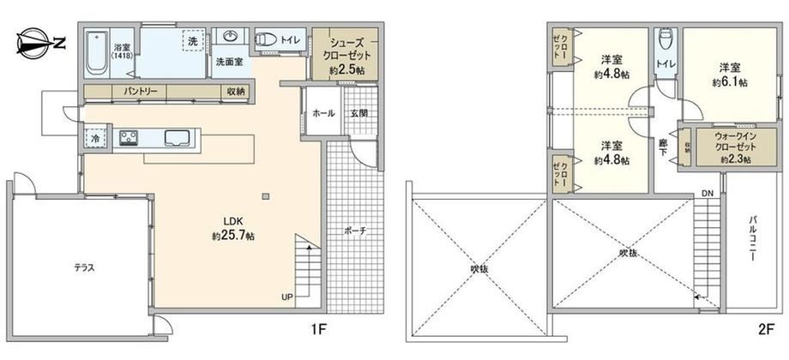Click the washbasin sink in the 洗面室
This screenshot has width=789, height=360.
point(231,36)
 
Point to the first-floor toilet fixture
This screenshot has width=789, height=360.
point(266,39)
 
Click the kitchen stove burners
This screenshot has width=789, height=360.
point(129,138)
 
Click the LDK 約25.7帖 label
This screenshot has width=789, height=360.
point(233,229)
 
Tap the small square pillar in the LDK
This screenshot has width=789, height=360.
point(266,195)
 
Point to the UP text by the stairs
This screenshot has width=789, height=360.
point(286,297)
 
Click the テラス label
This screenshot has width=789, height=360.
point(85,268)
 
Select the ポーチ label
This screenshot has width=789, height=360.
point(355,231)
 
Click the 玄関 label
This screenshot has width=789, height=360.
point(358,114)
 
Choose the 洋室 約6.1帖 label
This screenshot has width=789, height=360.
point(729,75)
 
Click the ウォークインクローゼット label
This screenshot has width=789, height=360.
point(729,147)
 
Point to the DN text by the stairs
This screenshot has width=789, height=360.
point(708,193)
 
